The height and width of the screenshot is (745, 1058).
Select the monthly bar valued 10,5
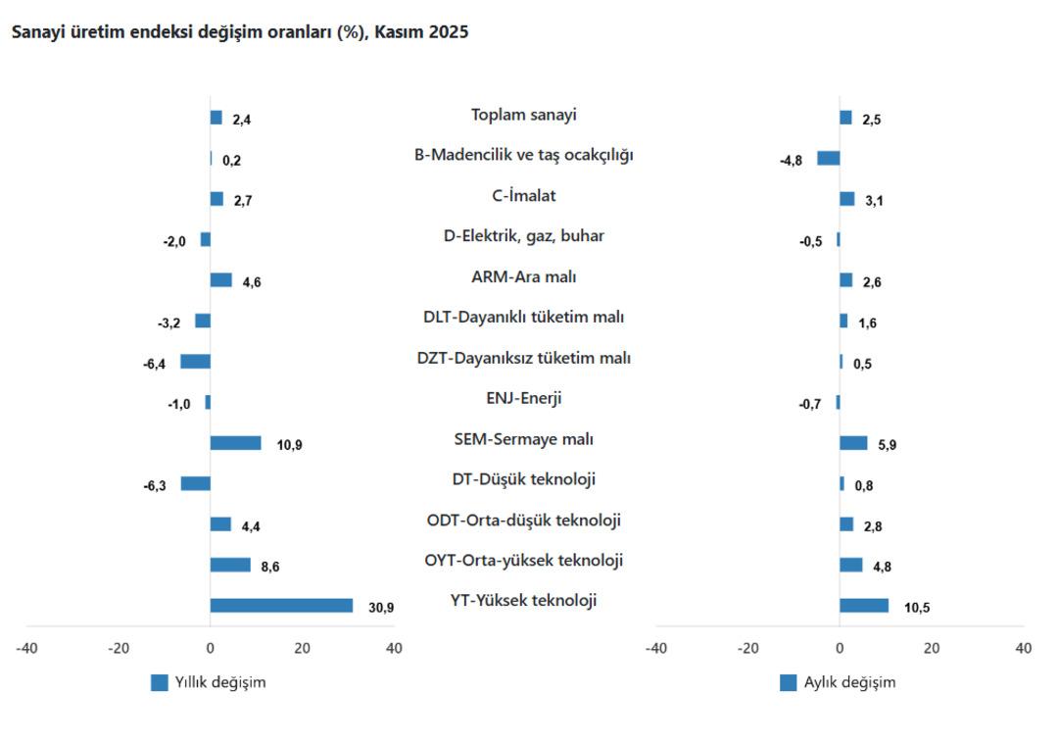point(863,606)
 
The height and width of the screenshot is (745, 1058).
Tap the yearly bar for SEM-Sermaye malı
point(235,443)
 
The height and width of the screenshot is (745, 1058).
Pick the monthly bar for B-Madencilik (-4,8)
point(828,158)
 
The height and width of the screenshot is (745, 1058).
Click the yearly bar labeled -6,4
point(195,362)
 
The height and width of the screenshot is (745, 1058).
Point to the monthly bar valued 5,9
point(852,443)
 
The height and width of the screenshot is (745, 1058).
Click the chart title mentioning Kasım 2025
point(239,32)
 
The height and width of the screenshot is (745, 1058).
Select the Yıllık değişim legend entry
point(208,683)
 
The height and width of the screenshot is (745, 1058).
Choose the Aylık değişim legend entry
point(838,683)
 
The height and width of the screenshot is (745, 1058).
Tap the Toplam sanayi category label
point(523,115)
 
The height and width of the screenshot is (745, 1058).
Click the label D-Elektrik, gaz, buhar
point(523,236)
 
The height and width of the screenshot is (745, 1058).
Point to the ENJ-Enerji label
point(523,399)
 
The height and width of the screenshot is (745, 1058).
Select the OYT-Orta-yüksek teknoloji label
point(523,561)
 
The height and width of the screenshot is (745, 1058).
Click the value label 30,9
point(381,608)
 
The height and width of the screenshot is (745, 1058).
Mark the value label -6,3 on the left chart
point(155,485)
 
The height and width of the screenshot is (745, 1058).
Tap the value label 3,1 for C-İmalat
point(875,200)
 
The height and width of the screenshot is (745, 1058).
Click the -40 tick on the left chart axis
point(26,648)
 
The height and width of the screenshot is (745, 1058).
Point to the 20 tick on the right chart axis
point(931,648)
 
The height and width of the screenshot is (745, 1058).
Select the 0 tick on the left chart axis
point(210,648)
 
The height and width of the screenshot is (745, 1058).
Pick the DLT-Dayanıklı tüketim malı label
point(523,318)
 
